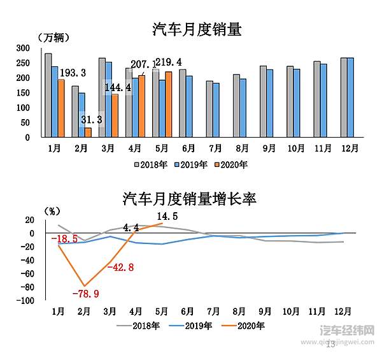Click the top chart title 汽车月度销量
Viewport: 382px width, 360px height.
pos(197,29)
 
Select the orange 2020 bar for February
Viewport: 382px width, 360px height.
pos(88,133)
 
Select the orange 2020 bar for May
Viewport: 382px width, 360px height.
pos(169,104)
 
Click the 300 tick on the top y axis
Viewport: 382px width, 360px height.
pos(23,48)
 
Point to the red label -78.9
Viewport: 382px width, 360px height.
pos(86,294)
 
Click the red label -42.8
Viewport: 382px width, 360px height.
pos(120,268)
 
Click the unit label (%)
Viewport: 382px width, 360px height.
pos(53,210)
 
